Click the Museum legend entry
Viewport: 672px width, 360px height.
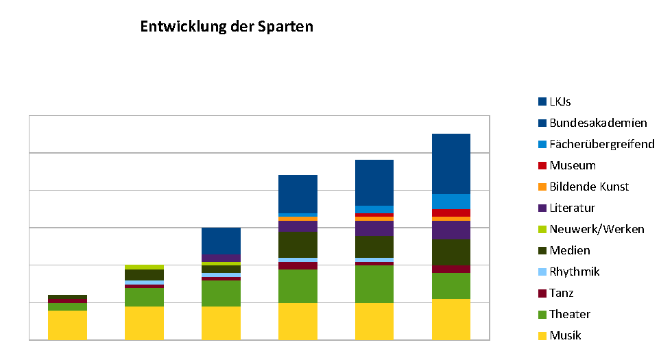coord(573,165)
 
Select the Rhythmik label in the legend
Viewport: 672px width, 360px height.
coord(575,272)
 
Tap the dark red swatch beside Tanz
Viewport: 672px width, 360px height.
coord(542,293)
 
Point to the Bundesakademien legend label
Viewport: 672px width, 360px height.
coord(598,123)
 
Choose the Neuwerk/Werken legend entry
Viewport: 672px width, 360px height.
coord(597,229)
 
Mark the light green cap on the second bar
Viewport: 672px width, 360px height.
coord(144,267)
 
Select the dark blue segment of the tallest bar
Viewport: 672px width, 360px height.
coord(451,164)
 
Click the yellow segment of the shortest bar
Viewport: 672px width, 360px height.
coord(67,325)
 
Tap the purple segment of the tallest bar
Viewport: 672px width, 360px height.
coord(451,230)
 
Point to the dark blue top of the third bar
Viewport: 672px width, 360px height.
coord(221,241)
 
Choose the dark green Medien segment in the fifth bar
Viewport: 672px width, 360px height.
coord(374,246)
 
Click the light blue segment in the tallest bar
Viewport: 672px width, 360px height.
coord(451,201)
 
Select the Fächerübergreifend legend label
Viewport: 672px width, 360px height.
coord(602,144)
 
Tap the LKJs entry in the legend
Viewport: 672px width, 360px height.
coord(560,101)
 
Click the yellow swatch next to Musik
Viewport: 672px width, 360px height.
coord(542,336)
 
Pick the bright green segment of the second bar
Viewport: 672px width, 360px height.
coord(144,297)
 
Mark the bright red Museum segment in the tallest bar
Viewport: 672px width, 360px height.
coord(451,213)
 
